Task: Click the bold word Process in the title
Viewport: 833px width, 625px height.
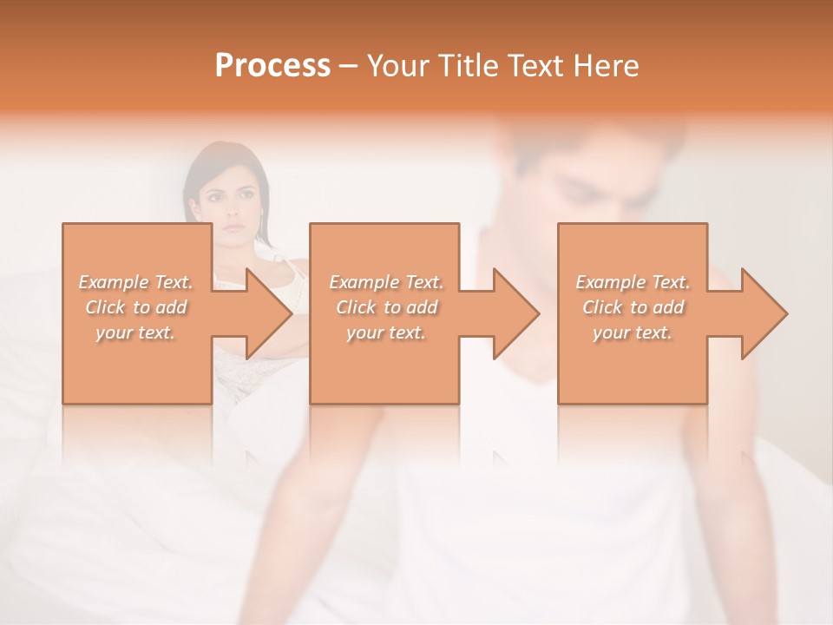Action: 272,66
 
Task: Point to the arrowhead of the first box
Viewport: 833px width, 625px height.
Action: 268,313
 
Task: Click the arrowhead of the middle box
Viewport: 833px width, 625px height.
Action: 515,313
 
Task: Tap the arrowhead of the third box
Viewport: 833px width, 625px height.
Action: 764,313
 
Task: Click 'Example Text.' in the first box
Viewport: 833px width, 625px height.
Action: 136,282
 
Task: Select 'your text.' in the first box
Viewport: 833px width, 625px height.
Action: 136,332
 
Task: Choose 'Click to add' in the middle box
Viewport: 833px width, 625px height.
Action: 386,307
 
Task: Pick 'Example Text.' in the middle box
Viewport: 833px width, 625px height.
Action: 386,282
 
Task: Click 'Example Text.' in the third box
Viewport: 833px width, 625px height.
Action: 633,282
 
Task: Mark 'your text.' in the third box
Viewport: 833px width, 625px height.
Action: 633,332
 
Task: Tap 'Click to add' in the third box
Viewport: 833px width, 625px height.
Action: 633,307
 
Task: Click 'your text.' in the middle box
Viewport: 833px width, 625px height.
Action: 386,332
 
